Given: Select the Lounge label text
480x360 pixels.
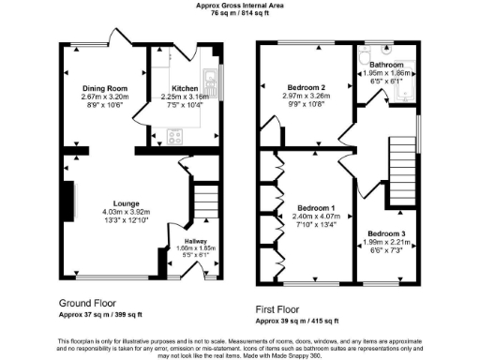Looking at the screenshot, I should click(127, 202).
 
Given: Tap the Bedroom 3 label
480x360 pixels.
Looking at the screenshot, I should click(387, 232).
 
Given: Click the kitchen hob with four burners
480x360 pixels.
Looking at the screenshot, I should click(175, 137).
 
